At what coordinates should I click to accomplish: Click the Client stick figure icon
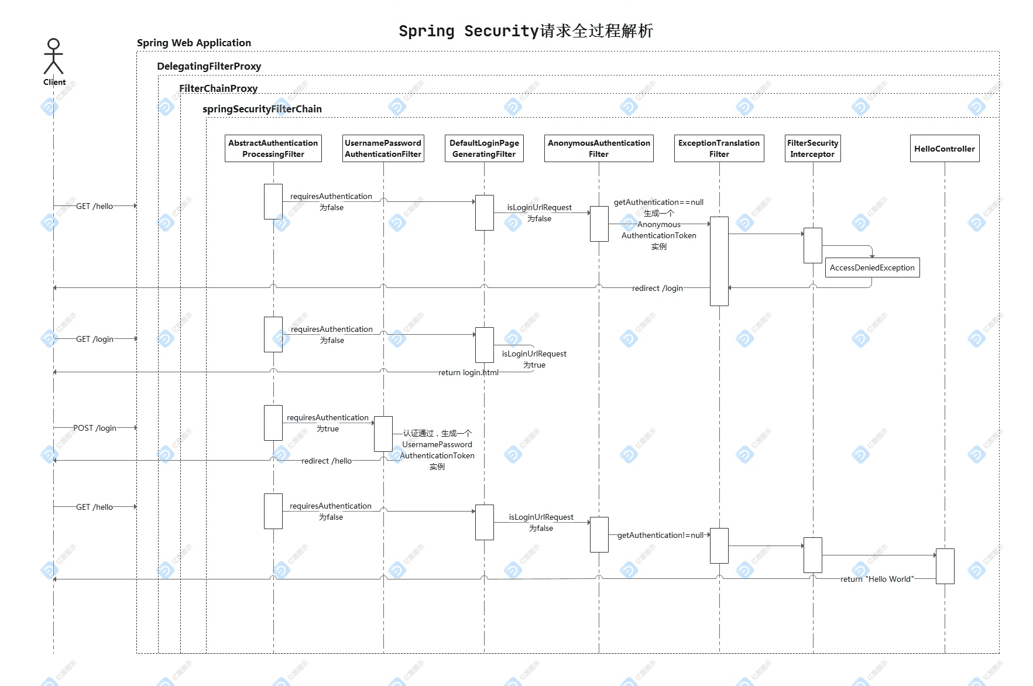tap(53, 56)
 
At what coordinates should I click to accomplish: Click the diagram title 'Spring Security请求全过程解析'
tap(526, 31)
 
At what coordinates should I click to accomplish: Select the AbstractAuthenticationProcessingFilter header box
tap(273, 149)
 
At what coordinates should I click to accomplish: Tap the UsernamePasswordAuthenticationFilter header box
tap(383, 149)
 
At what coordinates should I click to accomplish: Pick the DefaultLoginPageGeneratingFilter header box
tap(484, 149)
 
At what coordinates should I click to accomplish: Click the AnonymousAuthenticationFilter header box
tap(599, 149)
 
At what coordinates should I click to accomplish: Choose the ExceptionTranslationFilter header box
tap(719, 149)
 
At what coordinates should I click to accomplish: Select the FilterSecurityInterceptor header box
tap(813, 149)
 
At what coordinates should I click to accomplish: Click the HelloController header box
tap(945, 149)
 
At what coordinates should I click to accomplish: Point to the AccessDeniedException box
tap(872, 267)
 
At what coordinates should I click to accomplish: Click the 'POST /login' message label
tap(95, 428)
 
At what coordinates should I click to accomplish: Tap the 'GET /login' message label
tap(95, 339)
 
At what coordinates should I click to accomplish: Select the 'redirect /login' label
tap(657, 288)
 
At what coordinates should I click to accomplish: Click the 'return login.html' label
tap(469, 372)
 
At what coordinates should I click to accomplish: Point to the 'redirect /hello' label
tap(327, 461)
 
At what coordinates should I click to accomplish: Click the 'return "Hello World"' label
tap(877, 579)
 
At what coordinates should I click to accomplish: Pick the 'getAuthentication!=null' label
tap(660, 535)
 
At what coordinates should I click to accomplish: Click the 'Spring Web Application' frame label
tap(194, 43)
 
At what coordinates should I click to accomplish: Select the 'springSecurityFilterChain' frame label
tap(262, 109)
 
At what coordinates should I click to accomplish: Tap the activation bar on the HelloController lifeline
tap(945, 566)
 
